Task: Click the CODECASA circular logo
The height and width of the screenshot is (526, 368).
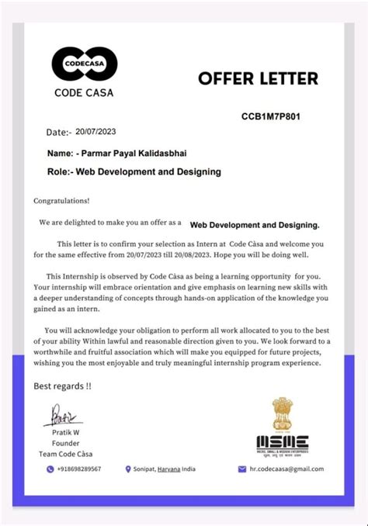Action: [x=84, y=64]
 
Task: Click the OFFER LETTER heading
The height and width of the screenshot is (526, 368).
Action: [x=259, y=78]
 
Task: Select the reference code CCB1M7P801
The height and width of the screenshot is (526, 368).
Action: [x=271, y=117]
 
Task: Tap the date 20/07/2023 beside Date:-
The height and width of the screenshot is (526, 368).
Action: [x=95, y=132]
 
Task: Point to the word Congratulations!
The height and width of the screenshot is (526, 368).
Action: [x=61, y=200]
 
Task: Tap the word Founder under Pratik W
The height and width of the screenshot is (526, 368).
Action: [x=65, y=443]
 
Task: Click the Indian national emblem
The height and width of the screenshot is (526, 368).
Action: [x=283, y=415]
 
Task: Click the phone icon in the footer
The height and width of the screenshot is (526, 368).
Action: [x=50, y=469]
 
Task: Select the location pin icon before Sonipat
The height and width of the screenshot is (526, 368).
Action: [x=128, y=469]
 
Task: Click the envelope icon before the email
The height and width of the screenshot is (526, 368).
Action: [x=241, y=469]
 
